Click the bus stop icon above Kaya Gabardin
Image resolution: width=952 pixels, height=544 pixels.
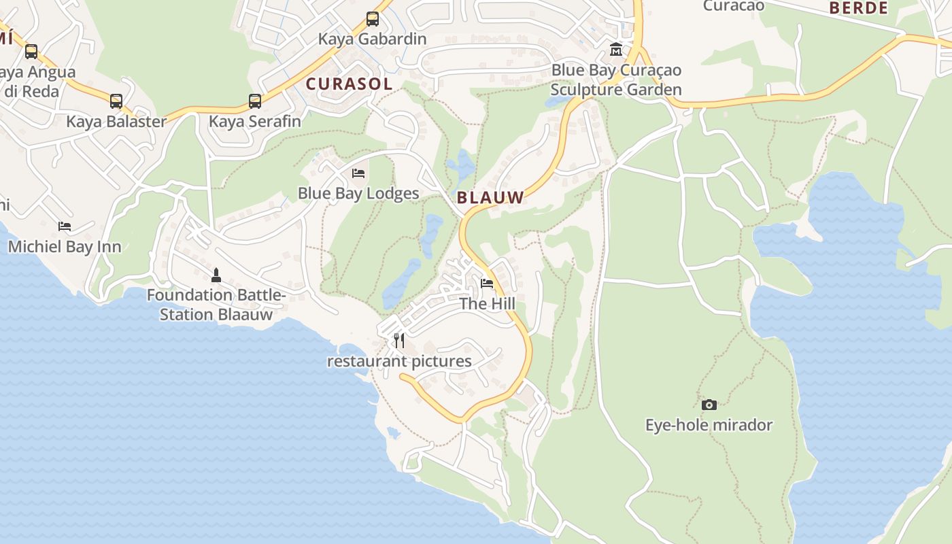(372, 19)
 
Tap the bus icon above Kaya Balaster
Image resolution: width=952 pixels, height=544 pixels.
(116, 101)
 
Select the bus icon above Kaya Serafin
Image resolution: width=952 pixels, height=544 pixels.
(255, 101)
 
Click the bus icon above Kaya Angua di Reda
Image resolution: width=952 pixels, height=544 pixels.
(31, 52)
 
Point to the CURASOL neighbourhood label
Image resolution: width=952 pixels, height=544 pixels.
(349, 84)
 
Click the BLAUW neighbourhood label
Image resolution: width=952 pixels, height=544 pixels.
(490, 198)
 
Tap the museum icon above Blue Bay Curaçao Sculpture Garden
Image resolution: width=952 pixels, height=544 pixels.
(616, 50)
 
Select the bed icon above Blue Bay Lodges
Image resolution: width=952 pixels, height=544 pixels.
(358, 173)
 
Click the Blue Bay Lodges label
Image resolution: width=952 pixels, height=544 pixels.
(358, 193)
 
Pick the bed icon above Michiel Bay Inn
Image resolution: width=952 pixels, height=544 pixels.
(65, 226)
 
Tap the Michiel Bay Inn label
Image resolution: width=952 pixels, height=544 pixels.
(65, 246)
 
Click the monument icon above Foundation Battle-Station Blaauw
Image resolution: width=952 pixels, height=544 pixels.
(216, 275)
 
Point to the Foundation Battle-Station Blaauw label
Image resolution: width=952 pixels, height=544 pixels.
(216, 305)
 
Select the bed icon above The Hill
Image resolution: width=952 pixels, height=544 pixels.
(487, 284)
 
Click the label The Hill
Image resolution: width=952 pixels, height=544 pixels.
(487, 303)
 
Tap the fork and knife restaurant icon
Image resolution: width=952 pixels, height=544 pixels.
(399, 341)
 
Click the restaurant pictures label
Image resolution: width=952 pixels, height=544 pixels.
(399, 361)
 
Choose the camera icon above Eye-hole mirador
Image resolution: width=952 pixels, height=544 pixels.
(709, 405)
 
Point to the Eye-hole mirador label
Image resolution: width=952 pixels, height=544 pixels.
(709, 425)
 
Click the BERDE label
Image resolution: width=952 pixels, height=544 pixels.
(859, 8)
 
